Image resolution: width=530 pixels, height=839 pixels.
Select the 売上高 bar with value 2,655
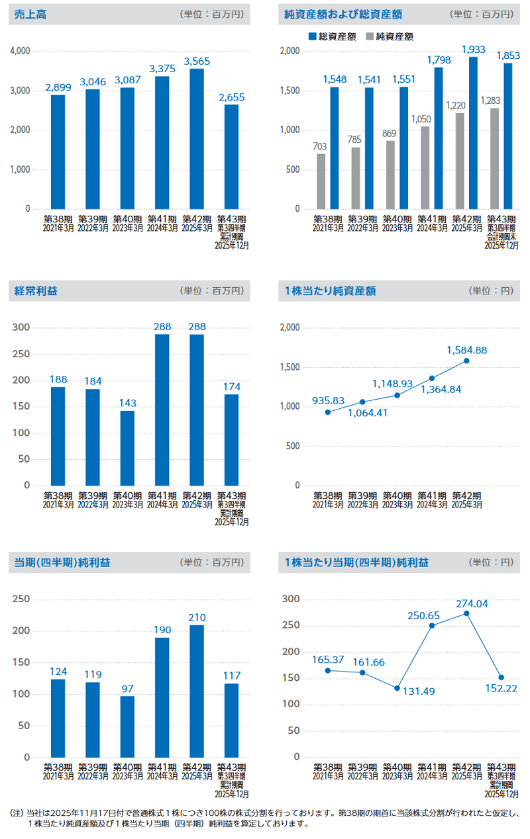coord(231,157)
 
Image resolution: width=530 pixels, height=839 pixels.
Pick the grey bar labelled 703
coord(321,181)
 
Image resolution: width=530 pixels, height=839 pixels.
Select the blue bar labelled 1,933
coord(473,133)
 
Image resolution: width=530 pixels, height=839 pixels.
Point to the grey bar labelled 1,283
coord(494,159)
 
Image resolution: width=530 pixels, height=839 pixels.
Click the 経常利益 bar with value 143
coord(127,448)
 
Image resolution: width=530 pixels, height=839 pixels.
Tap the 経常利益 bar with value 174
coord(231,440)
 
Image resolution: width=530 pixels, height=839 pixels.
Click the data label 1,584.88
coord(466,349)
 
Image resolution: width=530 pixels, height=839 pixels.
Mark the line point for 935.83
coord(327,412)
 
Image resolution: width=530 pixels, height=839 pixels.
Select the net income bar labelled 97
coord(127,727)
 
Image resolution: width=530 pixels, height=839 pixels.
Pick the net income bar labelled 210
coord(197,691)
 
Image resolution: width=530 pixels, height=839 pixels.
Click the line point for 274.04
coord(466,613)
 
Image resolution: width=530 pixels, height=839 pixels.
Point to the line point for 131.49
coord(397,688)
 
